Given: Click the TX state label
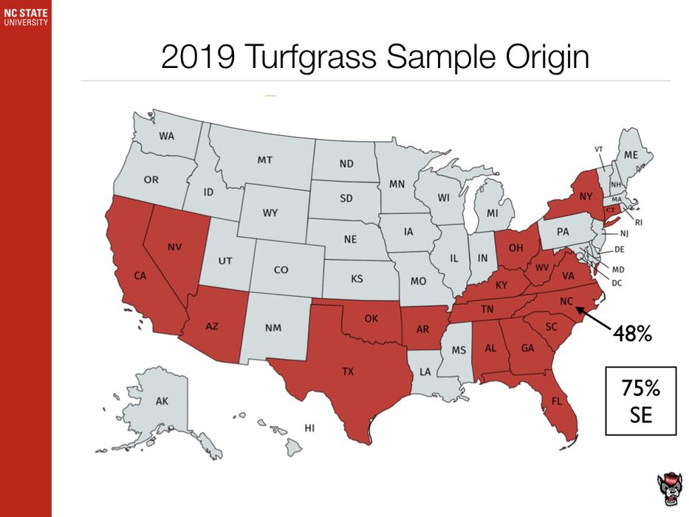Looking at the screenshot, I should click(x=348, y=372).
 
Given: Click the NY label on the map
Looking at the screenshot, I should click(x=586, y=196).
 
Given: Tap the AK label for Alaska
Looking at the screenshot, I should click(x=162, y=401).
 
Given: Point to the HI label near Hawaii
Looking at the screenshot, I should click(x=310, y=428).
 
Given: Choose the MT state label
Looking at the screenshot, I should click(x=265, y=159).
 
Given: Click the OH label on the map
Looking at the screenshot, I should click(x=516, y=248).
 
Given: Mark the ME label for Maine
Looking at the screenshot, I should click(x=630, y=154).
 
